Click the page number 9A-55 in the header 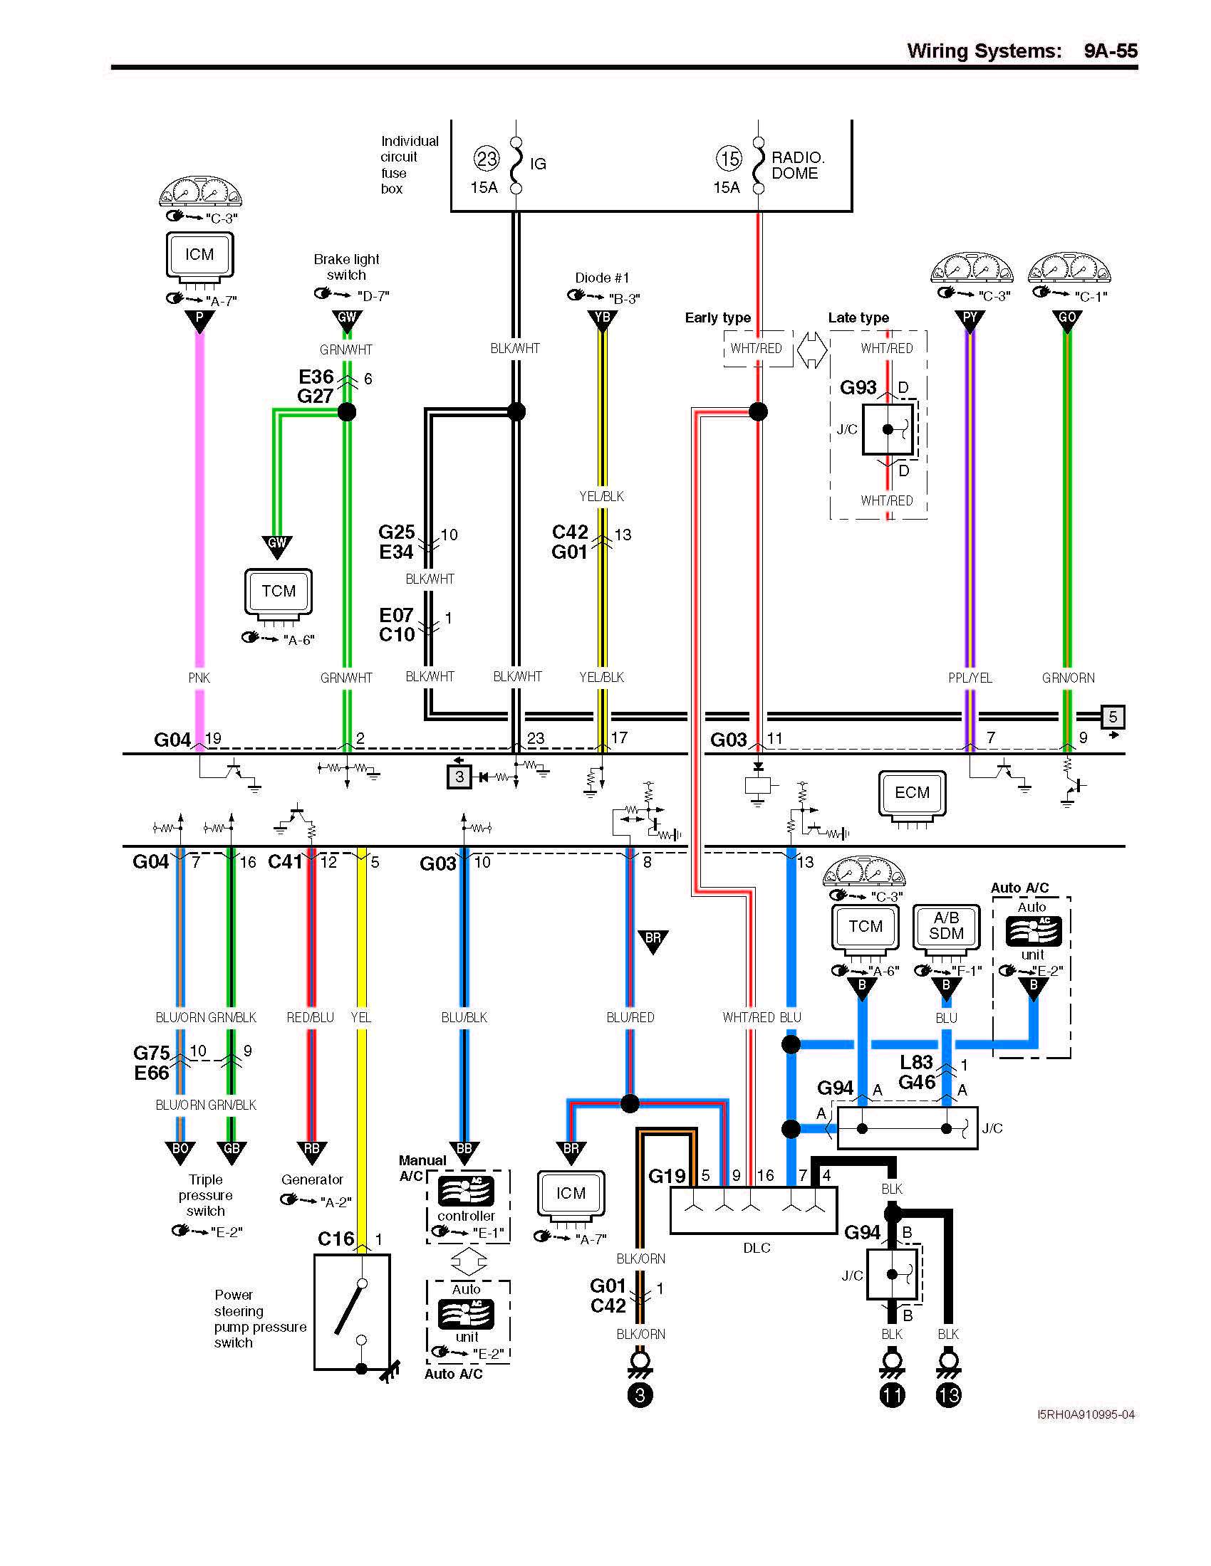(x=1110, y=51)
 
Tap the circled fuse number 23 (x=487, y=159)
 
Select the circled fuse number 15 (x=729, y=159)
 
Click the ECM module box (x=912, y=793)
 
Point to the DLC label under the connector (x=756, y=1249)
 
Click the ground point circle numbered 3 (x=640, y=1394)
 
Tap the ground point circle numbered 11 (x=892, y=1394)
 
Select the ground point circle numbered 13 (x=947, y=1394)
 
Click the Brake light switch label (x=346, y=267)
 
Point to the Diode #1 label (x=602, y=278)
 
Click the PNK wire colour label (x=199, y=678)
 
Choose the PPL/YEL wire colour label (x=970, y=678)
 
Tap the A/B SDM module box (x=946, y=926)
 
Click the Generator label (x=312, y=1179)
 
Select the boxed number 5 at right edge (x=1113, y=716)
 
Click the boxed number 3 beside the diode (x=460, y=777)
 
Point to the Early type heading (x=717, y=317)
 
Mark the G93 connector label (x=858, y=388)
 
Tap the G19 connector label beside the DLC (x=667, y=1176)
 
